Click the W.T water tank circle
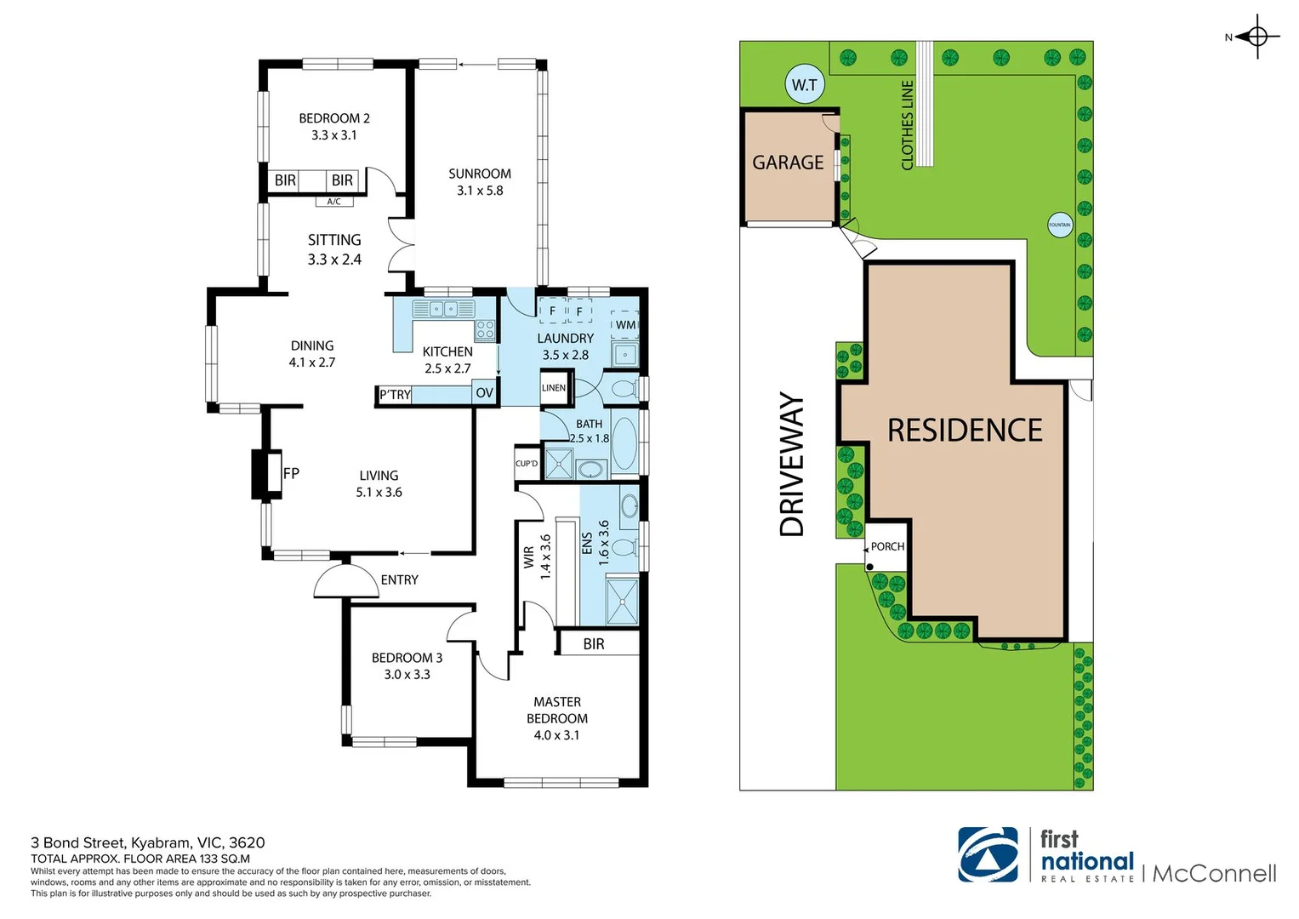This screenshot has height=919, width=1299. click(x=804, y=84)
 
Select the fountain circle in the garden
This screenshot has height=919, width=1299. click(x=1059, y=225)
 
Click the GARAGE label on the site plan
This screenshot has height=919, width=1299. click(x=788, y=163)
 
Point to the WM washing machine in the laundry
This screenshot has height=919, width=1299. click(x=625, y=324)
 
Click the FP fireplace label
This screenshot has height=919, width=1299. click(x=291, y=473)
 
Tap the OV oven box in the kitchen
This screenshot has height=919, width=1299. click(x=484, y=392)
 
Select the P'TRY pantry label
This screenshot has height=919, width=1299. click(x=395, y=395)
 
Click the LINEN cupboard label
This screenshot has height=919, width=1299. click(x=553, y=388)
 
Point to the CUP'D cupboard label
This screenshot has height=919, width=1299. click(x=527, y=464)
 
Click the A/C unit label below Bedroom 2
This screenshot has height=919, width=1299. click(x=334, y=202)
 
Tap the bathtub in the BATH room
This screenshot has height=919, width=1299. click(x=624, y=443)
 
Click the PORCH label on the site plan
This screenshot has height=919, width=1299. click(x=887, y=546)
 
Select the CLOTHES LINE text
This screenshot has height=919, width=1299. click(x=907, y=125)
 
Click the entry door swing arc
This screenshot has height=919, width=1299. click(x=346, y=581)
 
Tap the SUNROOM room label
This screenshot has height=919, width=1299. click(x=480, y=174)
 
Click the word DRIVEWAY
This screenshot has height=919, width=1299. click(x=792, y=464)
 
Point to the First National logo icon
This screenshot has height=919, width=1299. click(x=988, y=854)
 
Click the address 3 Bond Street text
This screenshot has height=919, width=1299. click(x=147, y=842)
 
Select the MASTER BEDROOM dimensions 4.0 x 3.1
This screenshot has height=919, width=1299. click(x=556, y=735)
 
